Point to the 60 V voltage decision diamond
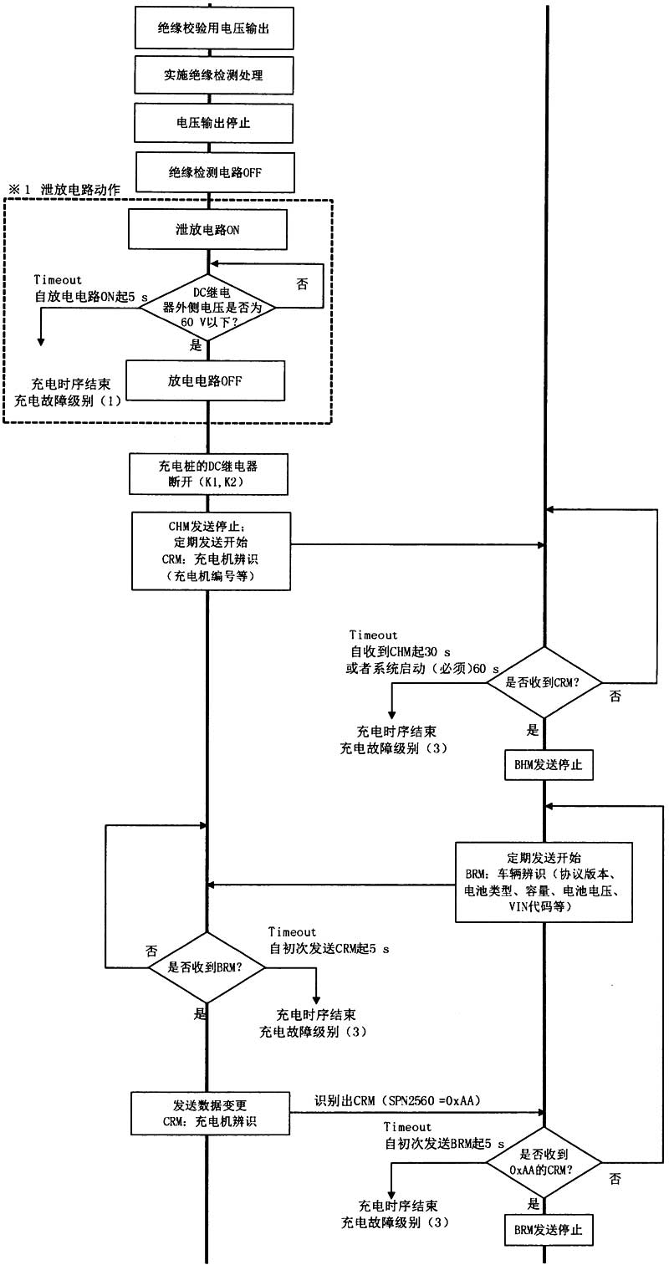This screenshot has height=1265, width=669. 208,308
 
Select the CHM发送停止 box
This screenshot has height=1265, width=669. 211,552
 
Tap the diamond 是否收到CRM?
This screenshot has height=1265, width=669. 544,681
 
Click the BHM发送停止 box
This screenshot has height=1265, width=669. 549,764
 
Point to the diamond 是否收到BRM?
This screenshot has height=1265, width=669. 207,967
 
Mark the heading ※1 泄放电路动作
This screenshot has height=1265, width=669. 64,190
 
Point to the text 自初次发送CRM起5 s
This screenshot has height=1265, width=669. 329,950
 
